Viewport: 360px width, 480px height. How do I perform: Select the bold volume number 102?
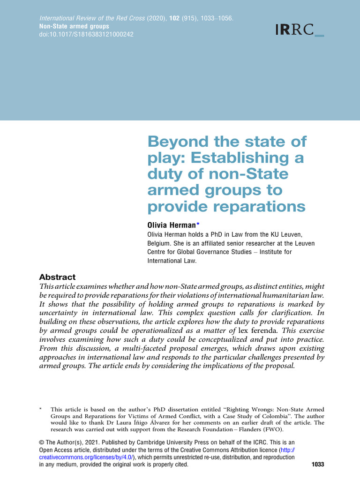[x=172, y=19]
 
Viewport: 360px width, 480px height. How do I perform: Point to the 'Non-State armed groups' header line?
[x=74, y=27]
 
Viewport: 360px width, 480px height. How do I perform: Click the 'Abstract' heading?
[x=57, y=277]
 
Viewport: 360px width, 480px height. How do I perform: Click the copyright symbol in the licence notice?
[x=41, y=442]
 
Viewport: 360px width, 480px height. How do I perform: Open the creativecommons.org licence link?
[x=86, y=457]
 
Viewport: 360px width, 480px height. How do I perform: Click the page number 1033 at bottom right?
[x=317, y=465]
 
